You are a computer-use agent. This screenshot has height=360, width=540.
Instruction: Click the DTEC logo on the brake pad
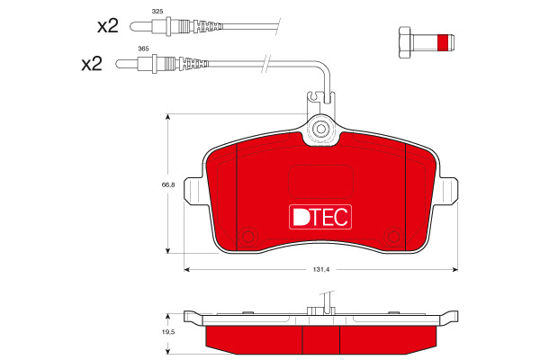click(x=320, y=217)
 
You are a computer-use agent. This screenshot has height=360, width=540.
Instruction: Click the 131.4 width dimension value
click(x=321, y=270)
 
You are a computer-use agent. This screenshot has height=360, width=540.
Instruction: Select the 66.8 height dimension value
click(x=168, y=184)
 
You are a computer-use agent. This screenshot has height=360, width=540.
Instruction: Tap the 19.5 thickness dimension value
click(x=168, y=332)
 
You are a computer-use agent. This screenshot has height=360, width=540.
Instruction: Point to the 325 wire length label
click(x=157, y=12)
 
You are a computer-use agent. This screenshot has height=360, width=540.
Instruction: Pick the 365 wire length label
click(x=143, y=49)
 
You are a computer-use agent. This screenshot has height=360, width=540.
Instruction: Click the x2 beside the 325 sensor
click(x=108, y=26)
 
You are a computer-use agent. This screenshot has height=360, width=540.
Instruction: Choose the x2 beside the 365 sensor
click(x=92, y=64)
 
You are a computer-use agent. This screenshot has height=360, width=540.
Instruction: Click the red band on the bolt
click(x=443, y=42)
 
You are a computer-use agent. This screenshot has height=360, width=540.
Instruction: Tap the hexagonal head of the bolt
click(x=405, y=42)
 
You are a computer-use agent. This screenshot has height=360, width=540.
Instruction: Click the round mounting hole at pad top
click(x=320, y=130)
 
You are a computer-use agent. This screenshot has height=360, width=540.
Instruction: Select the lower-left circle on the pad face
click(x=248, y=237)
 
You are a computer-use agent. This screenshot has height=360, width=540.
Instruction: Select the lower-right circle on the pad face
click(x=393, y=237)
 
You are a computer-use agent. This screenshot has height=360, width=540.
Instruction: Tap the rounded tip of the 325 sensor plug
click(x=130, y=26)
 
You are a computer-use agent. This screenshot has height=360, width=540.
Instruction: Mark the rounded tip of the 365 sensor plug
click(x=117, y=64)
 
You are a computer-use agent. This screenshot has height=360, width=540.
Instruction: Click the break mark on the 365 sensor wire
click(x=266, y=64)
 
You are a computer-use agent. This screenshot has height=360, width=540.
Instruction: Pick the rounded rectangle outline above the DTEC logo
click(x=320, y=182)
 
